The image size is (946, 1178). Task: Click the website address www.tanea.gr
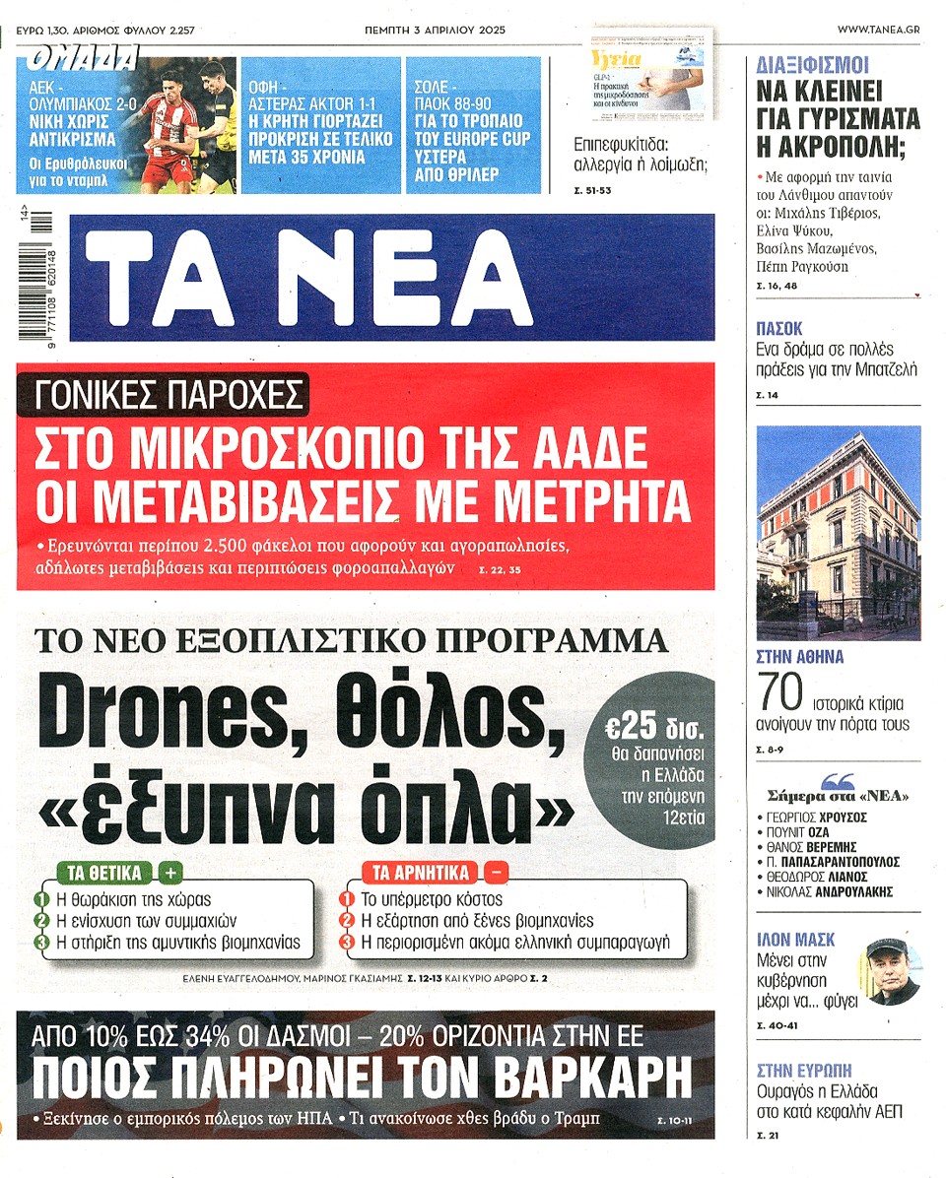click(x=879, y=31)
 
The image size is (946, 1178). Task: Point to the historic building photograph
click(x=838, y=532)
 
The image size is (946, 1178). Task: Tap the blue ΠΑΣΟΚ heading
click(x=779, y=329)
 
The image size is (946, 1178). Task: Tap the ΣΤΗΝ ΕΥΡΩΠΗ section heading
click(x=803, y=1070)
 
